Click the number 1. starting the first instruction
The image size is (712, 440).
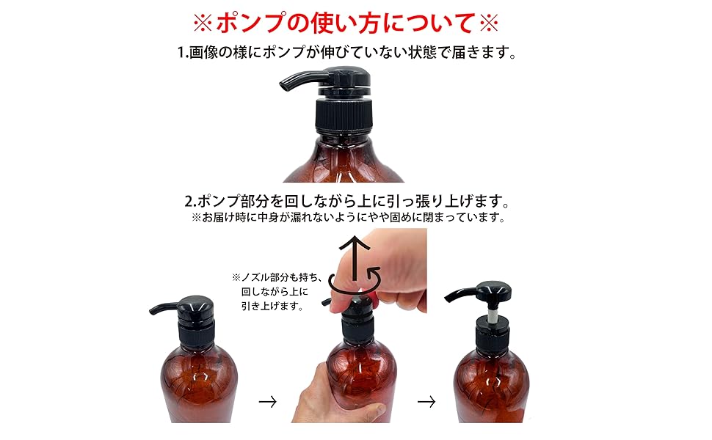[184, 54]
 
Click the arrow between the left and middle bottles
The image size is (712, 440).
[268, 401]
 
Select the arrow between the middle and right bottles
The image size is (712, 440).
[426, 401]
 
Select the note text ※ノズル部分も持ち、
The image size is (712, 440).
[271, 277]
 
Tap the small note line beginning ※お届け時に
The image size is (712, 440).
[349, 218]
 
